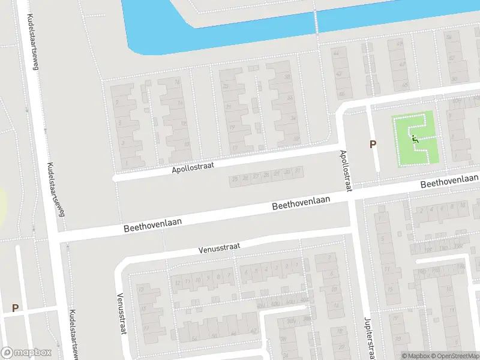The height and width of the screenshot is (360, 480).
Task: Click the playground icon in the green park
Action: pos(415,139)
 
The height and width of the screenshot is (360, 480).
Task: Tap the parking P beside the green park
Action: pos(373,144)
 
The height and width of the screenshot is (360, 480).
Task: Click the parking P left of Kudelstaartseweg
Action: pos(15,308)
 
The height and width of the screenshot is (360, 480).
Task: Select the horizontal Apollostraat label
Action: pos(193,167)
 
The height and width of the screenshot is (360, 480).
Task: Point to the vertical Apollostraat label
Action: pos(346,171)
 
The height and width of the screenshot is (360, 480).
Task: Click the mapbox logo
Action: pos(25,353)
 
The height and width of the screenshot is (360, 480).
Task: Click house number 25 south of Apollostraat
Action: pos(235,178)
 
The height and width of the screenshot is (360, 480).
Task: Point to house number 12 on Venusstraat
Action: pos(178,282)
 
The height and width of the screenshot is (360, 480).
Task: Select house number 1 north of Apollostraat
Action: pos(125,163)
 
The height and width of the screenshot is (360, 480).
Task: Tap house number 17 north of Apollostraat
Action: pos(235,147)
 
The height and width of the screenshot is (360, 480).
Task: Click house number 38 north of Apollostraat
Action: pos(287,78)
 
